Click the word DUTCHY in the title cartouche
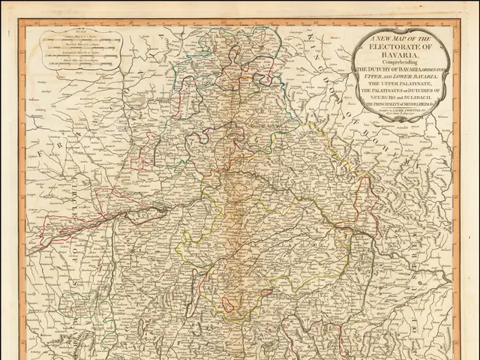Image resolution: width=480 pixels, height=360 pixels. pyautogui.click(x=382, y=68)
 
